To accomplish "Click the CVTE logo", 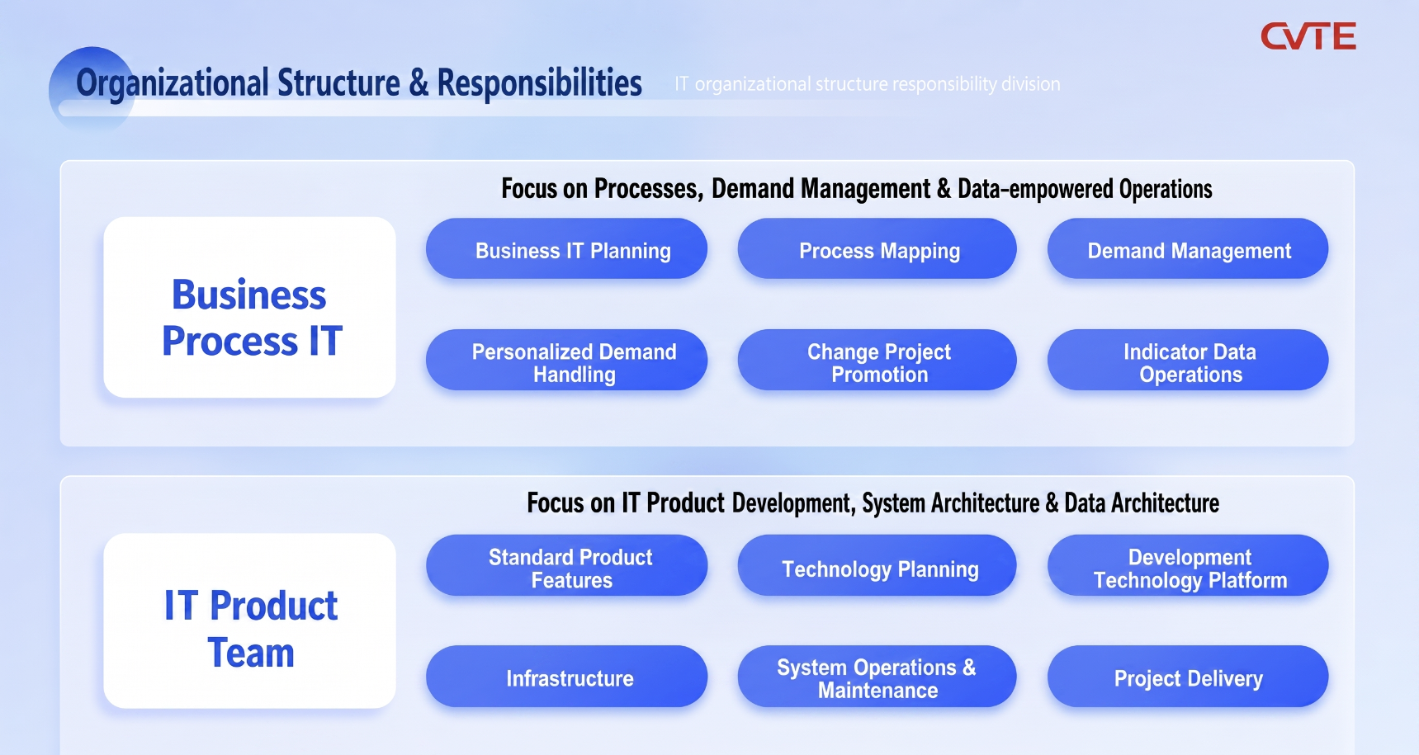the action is coord(1308,36).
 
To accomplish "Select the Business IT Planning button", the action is coord(566,248).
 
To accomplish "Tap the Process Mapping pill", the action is coord(877,248).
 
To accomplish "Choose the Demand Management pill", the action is coord(1188,248).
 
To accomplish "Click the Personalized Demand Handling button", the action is coord(566,360).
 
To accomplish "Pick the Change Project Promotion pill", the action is coord(877,360).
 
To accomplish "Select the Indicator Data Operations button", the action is coord(1188,360).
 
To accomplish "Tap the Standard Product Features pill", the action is coord(566,565).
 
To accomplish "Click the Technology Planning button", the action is coord(877,565).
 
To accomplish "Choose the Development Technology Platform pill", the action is coord(1188,565).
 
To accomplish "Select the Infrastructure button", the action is coord(566,676).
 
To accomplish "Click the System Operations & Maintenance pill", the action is coord(877,676).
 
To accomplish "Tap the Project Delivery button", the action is coord(1188,676).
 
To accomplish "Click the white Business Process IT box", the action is coord(249,307).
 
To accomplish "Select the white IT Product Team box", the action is coord(249,621).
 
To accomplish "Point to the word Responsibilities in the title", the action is coord(539,83).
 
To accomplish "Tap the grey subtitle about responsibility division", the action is coord(868,84).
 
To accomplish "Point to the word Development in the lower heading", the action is coord(793,503).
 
